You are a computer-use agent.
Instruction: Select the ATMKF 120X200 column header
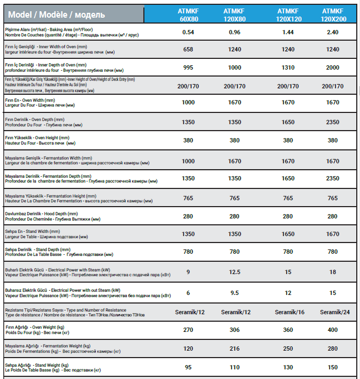tap(333, 14)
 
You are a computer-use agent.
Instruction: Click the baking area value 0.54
tap(188, 32)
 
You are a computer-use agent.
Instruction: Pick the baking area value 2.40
tap(333, 32)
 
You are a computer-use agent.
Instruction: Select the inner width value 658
tap(188, 49)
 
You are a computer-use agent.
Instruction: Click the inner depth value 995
tap(188, 67)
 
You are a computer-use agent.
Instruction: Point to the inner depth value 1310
tap(288, 67)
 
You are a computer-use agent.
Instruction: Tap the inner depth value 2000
tap(333, 67)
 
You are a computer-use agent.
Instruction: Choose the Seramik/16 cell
tap(288, 312)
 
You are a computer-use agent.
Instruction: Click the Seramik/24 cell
tap(333, 312)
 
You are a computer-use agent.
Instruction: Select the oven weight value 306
tap(234, 330)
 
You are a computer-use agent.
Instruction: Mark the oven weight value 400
tap(333, 330)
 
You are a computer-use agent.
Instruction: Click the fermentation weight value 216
tap(234, 348)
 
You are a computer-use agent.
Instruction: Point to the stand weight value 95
tap(188, 367)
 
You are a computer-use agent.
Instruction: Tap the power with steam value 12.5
tap(234, 271)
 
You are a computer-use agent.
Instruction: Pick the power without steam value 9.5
tap(234, 293)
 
